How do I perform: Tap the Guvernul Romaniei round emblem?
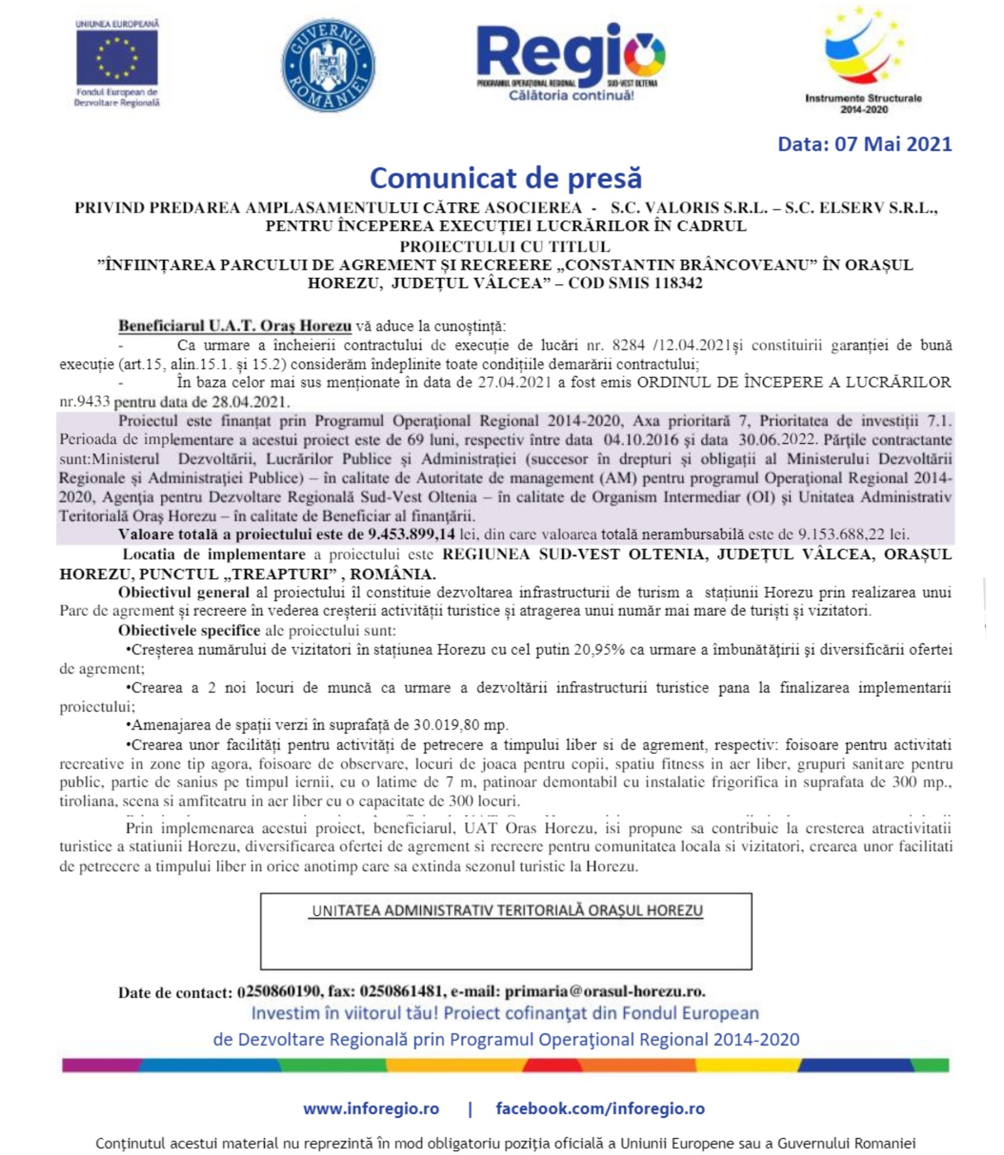click(328, 65)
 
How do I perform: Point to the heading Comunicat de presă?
click(506, 178)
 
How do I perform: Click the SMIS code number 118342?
click(678, 283)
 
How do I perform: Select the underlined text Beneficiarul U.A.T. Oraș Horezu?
click(235, 326)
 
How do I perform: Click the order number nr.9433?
click(85, 402)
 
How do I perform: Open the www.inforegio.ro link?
click(371, 1109)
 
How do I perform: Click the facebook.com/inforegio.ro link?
click(600, 1109)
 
